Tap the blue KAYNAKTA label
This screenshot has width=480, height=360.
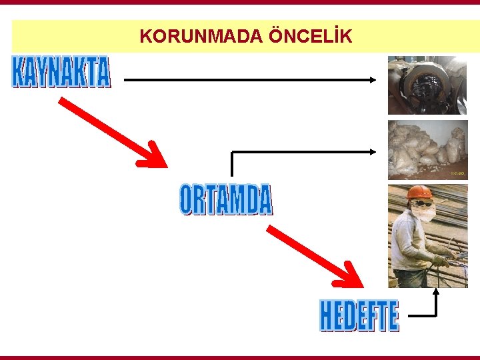61,72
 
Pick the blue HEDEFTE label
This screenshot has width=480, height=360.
359,316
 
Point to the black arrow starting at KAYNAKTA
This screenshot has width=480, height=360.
250,79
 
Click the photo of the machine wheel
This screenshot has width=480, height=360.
427,85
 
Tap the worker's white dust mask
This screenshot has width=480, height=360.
423,213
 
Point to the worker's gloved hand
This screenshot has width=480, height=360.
439,261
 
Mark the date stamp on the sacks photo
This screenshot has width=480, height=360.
457,174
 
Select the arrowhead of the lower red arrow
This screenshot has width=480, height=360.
351,276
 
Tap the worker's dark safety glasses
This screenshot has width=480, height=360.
420,203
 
